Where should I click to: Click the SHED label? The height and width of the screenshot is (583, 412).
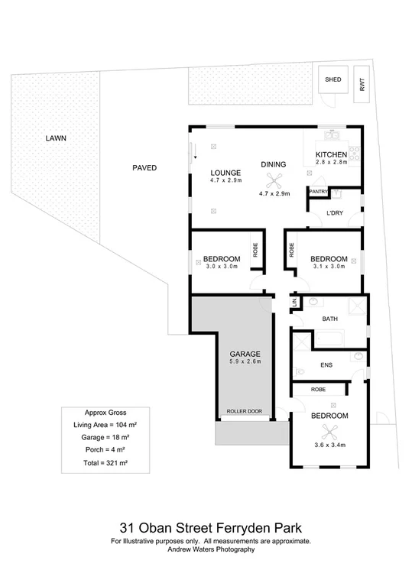pos(333,79)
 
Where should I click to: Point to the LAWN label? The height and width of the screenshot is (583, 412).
pos(55,138)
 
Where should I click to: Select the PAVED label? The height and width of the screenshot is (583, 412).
pos(144,167)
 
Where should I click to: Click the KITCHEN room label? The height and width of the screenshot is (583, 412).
pos(332,154)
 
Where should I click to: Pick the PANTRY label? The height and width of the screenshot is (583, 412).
pos(318,191)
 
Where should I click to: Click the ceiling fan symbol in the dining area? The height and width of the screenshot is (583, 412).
pos(274,180)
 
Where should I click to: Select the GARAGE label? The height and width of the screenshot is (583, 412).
pos(245,354)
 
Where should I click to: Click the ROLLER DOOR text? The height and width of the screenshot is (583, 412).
pos(244,412)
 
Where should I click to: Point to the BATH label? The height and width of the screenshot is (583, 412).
pos(329,318)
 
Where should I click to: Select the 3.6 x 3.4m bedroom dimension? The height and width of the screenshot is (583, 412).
pos(329,444)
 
